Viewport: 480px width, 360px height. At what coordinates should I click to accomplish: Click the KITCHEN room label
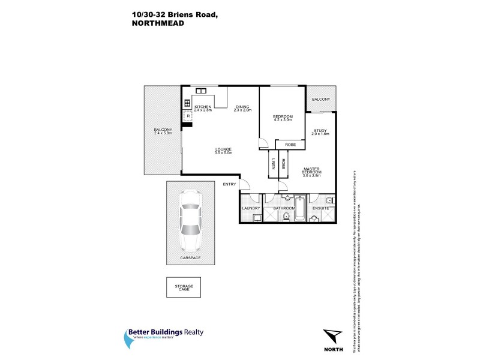pyautogui.click(x=203, y=106)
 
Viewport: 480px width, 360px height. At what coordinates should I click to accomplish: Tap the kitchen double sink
pyautogui.click(x=200, y=91)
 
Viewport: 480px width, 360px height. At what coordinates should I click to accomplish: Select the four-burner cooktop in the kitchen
pyautogui.click(x=187, y=103)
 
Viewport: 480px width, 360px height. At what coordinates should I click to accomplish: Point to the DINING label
pyautogui.click(x=242, y=107)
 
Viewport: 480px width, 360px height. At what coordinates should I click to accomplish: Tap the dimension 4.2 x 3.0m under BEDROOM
pyautogui.click(x=283, y=120)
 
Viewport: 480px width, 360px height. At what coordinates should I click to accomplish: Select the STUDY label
pyautogui.click(x=320, y=131)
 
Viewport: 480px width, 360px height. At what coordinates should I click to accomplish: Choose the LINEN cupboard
pyautogui.click(x=273, y=163)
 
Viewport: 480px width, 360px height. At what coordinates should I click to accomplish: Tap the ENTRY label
pyautogui.click(x=230, y=184)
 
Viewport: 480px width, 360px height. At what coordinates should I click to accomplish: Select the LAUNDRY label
pyautogui.click(x=250, y=208)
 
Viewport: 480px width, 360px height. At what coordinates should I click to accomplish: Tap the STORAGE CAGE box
pyautogui.click(x=184, y=288)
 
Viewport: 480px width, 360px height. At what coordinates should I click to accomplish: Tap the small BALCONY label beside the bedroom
pyautogui.click(x=320, y=99)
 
